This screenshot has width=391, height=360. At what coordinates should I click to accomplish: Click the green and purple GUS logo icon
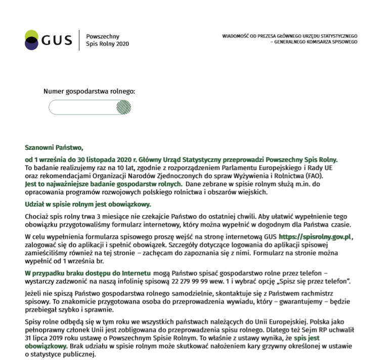pyautogui.click(x=31, y=40)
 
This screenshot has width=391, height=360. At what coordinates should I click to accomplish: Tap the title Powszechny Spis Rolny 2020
pyautogui.click(x=107, y=40)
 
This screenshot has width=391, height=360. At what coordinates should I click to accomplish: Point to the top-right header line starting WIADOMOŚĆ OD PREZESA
pyautogui.click(x=289, y=36)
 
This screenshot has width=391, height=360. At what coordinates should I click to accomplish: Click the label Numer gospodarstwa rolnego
pyautogui.click(x=90, y=92)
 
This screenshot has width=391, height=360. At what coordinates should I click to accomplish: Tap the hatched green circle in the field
pyautogui.click(x=124, y=107)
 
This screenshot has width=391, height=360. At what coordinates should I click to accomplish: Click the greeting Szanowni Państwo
pyautogui.click(x=54, y=148)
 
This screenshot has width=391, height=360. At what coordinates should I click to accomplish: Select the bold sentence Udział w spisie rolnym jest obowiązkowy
pyautogui.click(x=88, y=205)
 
